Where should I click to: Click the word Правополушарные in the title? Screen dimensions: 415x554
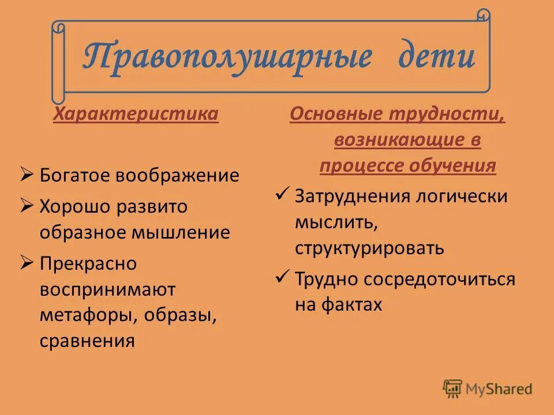click(226, 57)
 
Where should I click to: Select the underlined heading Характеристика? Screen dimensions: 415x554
click(136, 114)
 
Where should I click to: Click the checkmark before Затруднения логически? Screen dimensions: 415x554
click(282, 194)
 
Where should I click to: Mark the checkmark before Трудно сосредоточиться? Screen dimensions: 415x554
click(282, 277)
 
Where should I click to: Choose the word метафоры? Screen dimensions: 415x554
click(89, 316)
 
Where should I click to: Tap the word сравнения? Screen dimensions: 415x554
click(87, 341)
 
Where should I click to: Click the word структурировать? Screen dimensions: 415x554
click(369, 248)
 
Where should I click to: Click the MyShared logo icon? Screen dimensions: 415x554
click(453, 388)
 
